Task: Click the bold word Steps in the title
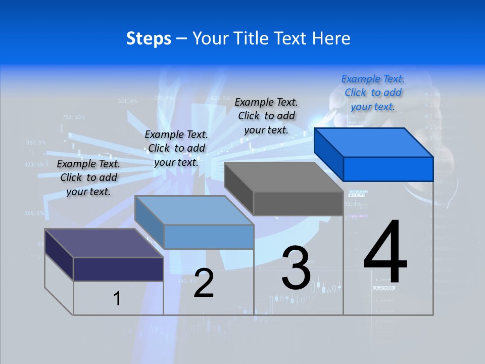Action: (x=149, y=38)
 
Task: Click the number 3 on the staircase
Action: (x=296, y=268)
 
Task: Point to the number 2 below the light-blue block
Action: (x=204, y=283)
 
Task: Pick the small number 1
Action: (x=117, y=298)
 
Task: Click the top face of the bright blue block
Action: (x=373, y=143)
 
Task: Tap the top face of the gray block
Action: (x=283, y=177)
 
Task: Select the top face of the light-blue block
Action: (x=194, y=210)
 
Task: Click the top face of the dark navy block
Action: (x=104, y=243)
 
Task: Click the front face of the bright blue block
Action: (x=388, y=169)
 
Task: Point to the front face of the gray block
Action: (x=298, y=203)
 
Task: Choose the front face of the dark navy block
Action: (x=118, y=269)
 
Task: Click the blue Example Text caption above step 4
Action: (x=373, y=93)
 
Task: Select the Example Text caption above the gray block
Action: (x=266, y=116)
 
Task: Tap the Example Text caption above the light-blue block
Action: (x=176, y=148)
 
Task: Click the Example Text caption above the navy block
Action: (x=88, y=177)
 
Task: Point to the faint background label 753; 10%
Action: (x=74, y=117)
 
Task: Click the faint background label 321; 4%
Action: (x=127, y=101)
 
